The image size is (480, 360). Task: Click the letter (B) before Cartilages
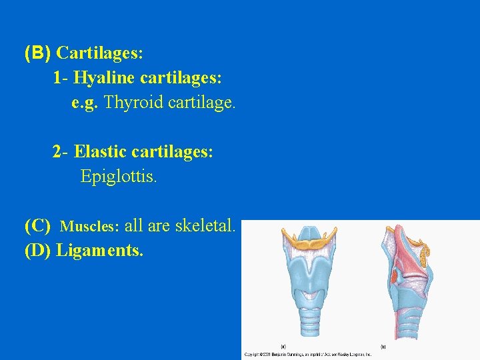tap(38, 52)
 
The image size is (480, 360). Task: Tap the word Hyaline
tap(103, 78)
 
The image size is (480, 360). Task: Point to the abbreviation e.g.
tap(85, 103)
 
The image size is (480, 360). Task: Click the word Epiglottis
tap(119, 177)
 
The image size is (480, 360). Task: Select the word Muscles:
tap(90, 227)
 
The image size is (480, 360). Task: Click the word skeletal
tap(205, 226)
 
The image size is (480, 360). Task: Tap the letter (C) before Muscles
tap(37, 226)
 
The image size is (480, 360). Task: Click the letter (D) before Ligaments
tap(38, 251)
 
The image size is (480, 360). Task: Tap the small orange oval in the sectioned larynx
tap(395, 274)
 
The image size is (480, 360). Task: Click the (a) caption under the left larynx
tap(284, 346)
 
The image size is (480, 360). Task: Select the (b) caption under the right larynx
tap(383, 346)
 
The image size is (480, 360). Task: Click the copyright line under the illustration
tap(307, 355)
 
